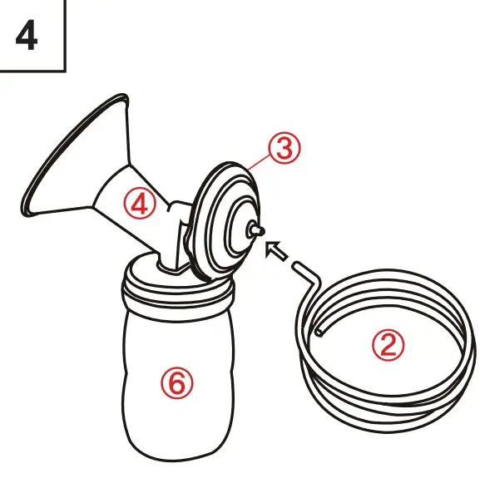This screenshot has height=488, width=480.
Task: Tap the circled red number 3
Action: [x=284, y=150]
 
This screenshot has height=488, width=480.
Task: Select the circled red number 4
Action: [x=141, y=203]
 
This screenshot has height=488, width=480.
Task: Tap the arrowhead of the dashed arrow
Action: [x=270, y=246]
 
